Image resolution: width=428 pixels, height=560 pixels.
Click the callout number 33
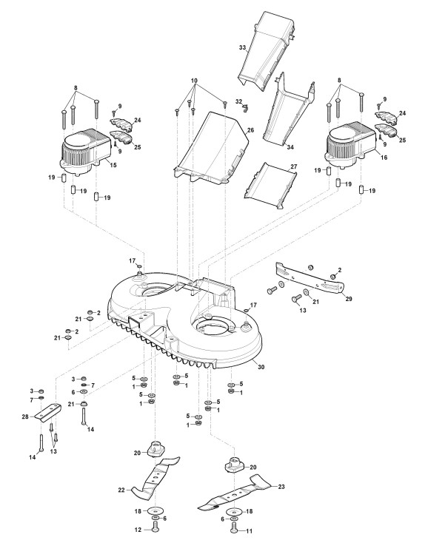pyautogui.click(x=242, y=47)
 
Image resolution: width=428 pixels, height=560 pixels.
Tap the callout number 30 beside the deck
pyautogui.click(x=261, y=367)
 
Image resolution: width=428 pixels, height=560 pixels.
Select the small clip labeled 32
pyautogui.click(x=244, y=108)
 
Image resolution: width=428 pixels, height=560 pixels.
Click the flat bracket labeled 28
pyautogui.click(x=48, y=413)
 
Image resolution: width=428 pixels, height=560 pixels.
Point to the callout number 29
pyautogui.click(x=349, y=299)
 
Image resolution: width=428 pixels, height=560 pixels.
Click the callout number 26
pyautogui.click(x=250, y=130)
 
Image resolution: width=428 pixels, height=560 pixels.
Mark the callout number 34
pyautogui.click(x=290, y=147)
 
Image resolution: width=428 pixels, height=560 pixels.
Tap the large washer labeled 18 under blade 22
pyautogui.click(x=155, y=510)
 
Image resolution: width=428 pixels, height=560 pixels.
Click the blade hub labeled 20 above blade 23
pyautogui.click(x=233, y=465)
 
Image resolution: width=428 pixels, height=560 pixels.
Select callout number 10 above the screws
pyautogui.click(x=194, y=81)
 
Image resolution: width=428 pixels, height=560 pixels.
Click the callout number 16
pyautogui.click(x=384, y=158)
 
